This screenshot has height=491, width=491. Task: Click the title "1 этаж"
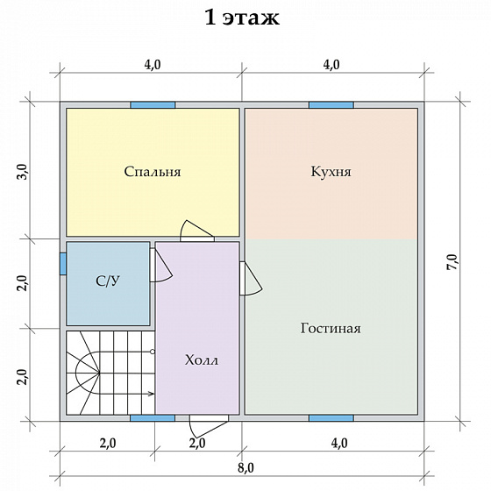[242, 18]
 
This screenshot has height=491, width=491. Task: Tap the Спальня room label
[153, 172]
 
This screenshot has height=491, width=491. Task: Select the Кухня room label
[331, 172]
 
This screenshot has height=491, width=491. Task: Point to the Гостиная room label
[331, 329]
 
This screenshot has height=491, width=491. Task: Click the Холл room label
[202, 360]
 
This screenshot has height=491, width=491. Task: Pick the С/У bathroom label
[108, 281]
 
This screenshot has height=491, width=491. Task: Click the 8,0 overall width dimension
[245, 468]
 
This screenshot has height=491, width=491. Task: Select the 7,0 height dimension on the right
[452, 262]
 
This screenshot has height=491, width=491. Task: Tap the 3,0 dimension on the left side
[23, 172]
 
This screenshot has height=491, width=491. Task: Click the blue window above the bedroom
[153, 105]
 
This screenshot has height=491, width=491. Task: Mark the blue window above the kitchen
[331, 105]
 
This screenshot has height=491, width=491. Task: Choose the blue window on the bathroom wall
[63, 264]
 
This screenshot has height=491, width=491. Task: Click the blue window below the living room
[331, 418]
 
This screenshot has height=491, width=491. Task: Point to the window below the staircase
[153, 418]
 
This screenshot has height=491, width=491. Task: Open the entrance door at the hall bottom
[209, 426]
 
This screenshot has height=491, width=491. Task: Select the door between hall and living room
[251, 279]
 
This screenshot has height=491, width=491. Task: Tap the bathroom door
[161, 265]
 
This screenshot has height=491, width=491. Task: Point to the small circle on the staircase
[153, 352]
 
